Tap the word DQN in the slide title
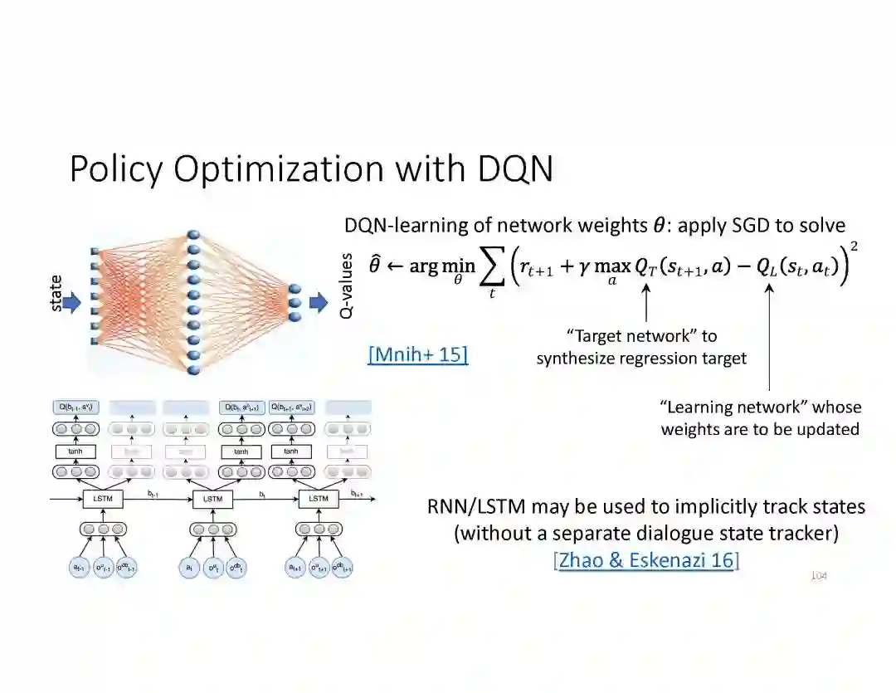[515, 169]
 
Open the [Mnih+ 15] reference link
[417, 355]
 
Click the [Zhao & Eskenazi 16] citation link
[646, 560]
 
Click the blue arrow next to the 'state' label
[72, 304]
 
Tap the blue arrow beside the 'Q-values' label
[319, 303]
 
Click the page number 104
[819, 575]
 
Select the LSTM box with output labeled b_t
[213, 499]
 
